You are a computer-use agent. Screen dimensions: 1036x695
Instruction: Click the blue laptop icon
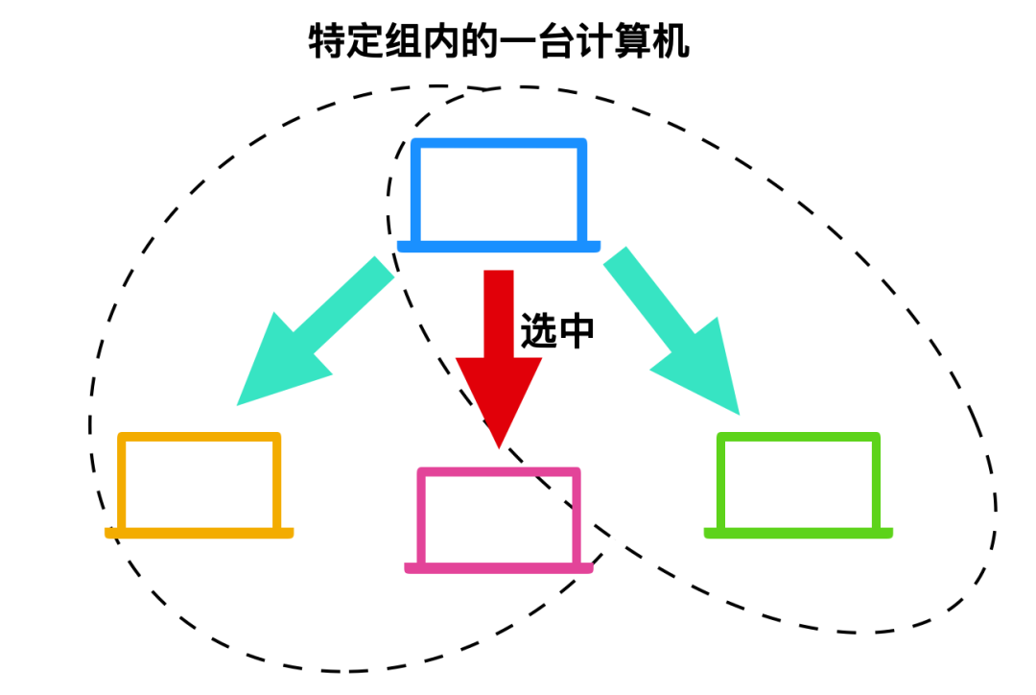[x=498, y=192]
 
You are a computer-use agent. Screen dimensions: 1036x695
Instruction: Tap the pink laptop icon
[x=499, y=518]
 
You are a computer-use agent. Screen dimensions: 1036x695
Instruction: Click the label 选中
[x=557, y=330]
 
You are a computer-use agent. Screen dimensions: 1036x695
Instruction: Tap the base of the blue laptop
[x=498, y=247]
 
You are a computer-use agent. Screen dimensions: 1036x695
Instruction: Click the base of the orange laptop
[x=200, y=532]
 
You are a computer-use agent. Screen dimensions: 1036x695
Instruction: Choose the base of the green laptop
[x=798, y=533]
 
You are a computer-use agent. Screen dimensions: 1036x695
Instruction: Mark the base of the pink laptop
[x=499, y=568]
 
